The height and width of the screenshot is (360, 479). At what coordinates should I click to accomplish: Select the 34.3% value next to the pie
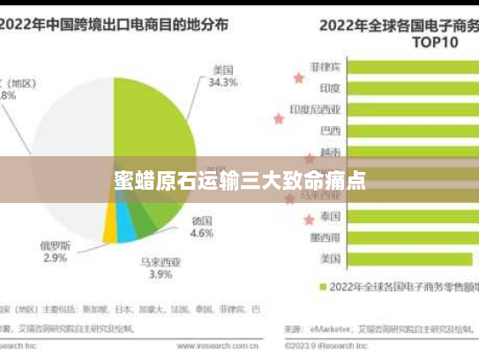[222, 83]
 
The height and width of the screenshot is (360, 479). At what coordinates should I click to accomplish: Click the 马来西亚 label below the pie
[160, 261]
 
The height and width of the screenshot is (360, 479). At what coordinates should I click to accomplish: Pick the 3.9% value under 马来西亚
[160, 274]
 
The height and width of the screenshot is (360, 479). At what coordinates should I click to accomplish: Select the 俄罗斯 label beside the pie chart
[54, 244]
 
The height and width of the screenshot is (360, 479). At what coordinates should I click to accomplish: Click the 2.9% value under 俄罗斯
[54, 258]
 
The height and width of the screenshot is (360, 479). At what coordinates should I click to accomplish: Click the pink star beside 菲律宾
[298, 78]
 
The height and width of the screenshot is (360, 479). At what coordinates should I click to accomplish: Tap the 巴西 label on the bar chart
[330, 131]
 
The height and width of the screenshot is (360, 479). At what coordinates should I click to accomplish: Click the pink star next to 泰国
[309, 220]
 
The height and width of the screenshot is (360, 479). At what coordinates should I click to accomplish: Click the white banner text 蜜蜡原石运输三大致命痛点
[239, 182]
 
